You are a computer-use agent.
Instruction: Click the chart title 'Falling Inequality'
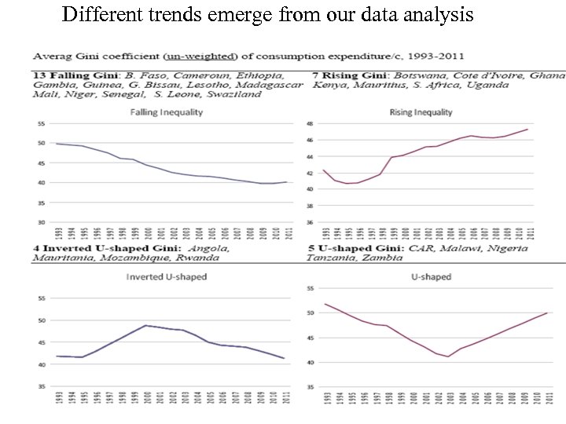(167, 112)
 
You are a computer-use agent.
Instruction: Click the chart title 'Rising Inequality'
(421, 113)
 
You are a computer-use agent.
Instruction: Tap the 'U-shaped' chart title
(431, 277)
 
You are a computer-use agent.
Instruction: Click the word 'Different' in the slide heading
(97, 14)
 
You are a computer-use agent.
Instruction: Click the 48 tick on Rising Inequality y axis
(310, 124)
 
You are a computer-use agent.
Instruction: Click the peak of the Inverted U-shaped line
(145, 325)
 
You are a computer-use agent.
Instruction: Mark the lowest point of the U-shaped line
(448, 356)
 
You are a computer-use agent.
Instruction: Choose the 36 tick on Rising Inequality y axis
(310, 222)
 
